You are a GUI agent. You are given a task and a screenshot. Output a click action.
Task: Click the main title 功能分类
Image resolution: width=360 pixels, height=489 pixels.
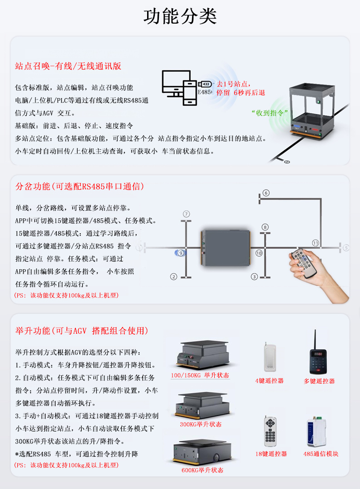[x=180, y=17]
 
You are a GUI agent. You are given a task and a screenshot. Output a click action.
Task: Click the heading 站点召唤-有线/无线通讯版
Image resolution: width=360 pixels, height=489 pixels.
[x=68, y=66]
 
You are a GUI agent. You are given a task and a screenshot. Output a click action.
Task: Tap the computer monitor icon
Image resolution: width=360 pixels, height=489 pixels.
[x=176, y=82]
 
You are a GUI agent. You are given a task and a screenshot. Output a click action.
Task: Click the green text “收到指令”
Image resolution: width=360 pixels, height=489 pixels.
[x=270, y=112]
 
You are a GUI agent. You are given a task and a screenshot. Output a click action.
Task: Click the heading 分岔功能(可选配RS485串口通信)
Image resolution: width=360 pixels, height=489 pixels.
[x=80, y=187]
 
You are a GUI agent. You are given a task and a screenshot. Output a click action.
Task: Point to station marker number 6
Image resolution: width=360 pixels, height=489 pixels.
[x=266, y=193]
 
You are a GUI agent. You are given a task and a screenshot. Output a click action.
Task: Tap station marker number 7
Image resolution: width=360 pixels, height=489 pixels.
[x=186, y=214]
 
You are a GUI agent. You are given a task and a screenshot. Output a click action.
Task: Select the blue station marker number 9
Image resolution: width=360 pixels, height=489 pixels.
[x=181, y=253]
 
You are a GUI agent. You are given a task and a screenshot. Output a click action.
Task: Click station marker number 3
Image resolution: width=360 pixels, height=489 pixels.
[x=255, y=276]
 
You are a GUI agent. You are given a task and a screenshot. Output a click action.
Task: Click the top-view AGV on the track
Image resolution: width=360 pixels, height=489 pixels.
[x=226, y=248]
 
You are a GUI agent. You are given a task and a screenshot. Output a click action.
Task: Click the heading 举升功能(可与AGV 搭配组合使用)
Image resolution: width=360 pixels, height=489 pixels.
[x=82, y=331]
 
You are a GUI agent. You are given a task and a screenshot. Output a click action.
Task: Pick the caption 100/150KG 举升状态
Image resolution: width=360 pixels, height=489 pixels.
[x=200, y=375]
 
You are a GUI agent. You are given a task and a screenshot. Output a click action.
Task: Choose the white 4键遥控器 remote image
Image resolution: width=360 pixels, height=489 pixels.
[x=270, y=356]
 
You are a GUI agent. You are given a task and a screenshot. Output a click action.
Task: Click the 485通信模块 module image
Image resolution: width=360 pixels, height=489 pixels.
[x=318, y=431]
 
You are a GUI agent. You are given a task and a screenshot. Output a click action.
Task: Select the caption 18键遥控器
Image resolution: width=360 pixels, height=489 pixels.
[x=271, y=454]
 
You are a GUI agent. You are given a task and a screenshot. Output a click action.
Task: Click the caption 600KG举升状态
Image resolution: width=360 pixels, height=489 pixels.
[x=202, y=470]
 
